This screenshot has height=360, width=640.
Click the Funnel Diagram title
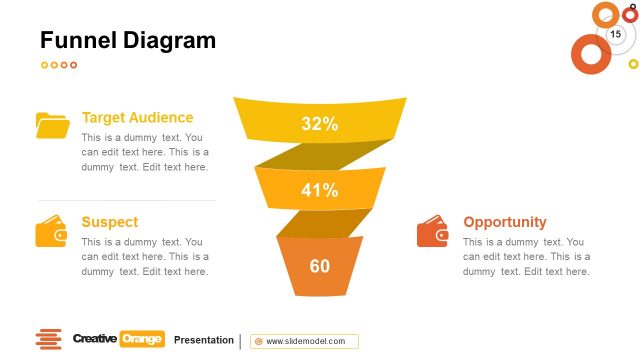(127, 40)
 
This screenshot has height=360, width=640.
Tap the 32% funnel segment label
(320, 124)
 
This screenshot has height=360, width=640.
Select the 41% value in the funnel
(320, 190)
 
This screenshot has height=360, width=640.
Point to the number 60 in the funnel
(320, 266)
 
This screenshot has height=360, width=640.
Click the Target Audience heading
(137, 117)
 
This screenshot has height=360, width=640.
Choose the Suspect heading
(109, 222)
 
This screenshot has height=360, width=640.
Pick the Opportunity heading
(505, 222)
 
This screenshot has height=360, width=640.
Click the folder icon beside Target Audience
(52, 125)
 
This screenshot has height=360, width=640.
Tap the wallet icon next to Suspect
(52, 232)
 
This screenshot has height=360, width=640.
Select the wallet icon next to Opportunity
(433, 232)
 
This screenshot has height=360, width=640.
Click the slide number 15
(615, 35)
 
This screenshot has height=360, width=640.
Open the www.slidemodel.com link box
(304, 341)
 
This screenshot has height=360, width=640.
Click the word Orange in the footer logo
(142, 339)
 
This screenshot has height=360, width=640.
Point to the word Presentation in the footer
(203, 340)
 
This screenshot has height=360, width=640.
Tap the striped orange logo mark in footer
(48, 339)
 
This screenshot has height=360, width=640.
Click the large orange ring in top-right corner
(590, 53)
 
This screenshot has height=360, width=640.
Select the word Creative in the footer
(95, 339)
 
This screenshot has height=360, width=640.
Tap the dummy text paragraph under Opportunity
(526, 256)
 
